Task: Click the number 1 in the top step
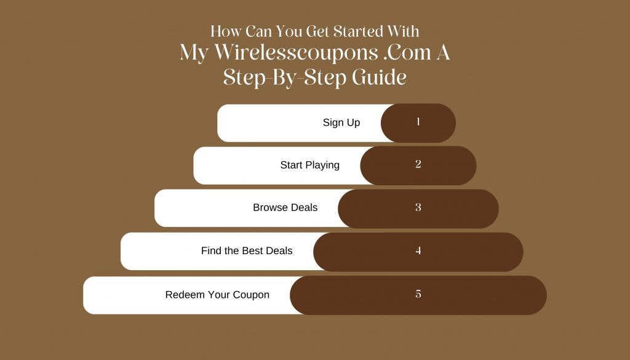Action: pyautogui.click(x=418, y=122)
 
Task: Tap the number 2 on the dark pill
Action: pyautogui.click(x=418, y=164)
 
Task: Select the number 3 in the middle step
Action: pyautogui.click(x=418, y=207)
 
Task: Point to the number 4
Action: pyautogui.click(x=418, y=250)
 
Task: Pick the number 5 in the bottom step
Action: pyautogui.click(x=418, y=294)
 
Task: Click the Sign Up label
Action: pyautogui.click(x=341, y=122)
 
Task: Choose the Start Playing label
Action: pyautogui.click(x=310, y=165)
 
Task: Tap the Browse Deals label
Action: pyautogui.click(x=285, y=207)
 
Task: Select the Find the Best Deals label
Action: pyautogui.click(x=247, y=250)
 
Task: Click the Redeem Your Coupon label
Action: pyautogui.click(x=217, y=295)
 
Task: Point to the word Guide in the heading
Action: pyautogui.click(x=379, y=77)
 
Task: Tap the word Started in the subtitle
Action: pyautogui.click(x=358, y=31)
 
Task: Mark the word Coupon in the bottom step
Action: pyautogui.click(x=251, y=295)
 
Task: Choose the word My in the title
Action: pyautogui.click(x=194, y=54)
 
